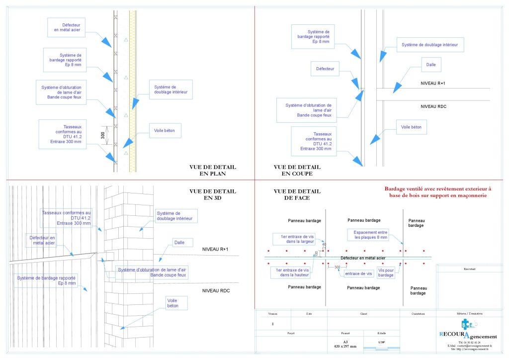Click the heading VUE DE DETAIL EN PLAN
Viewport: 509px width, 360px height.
coord(213,171)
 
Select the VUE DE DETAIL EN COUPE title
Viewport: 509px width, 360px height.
coord(297,171)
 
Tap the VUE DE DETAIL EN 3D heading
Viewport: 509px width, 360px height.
coord(213,194)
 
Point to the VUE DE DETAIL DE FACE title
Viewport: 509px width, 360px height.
coord(297,194)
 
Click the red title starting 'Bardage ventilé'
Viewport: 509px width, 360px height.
coord(437,192)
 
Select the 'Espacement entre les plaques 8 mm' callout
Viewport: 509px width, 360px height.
coord(370,234)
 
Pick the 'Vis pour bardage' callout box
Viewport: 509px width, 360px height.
coord(386,272)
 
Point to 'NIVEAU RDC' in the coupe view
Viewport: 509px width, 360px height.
coord(435,106)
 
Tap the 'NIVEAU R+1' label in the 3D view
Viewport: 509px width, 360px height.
coord(215,249)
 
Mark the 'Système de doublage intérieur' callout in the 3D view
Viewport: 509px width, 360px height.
coord(176,215)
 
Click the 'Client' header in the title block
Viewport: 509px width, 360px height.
coord(363,314)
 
